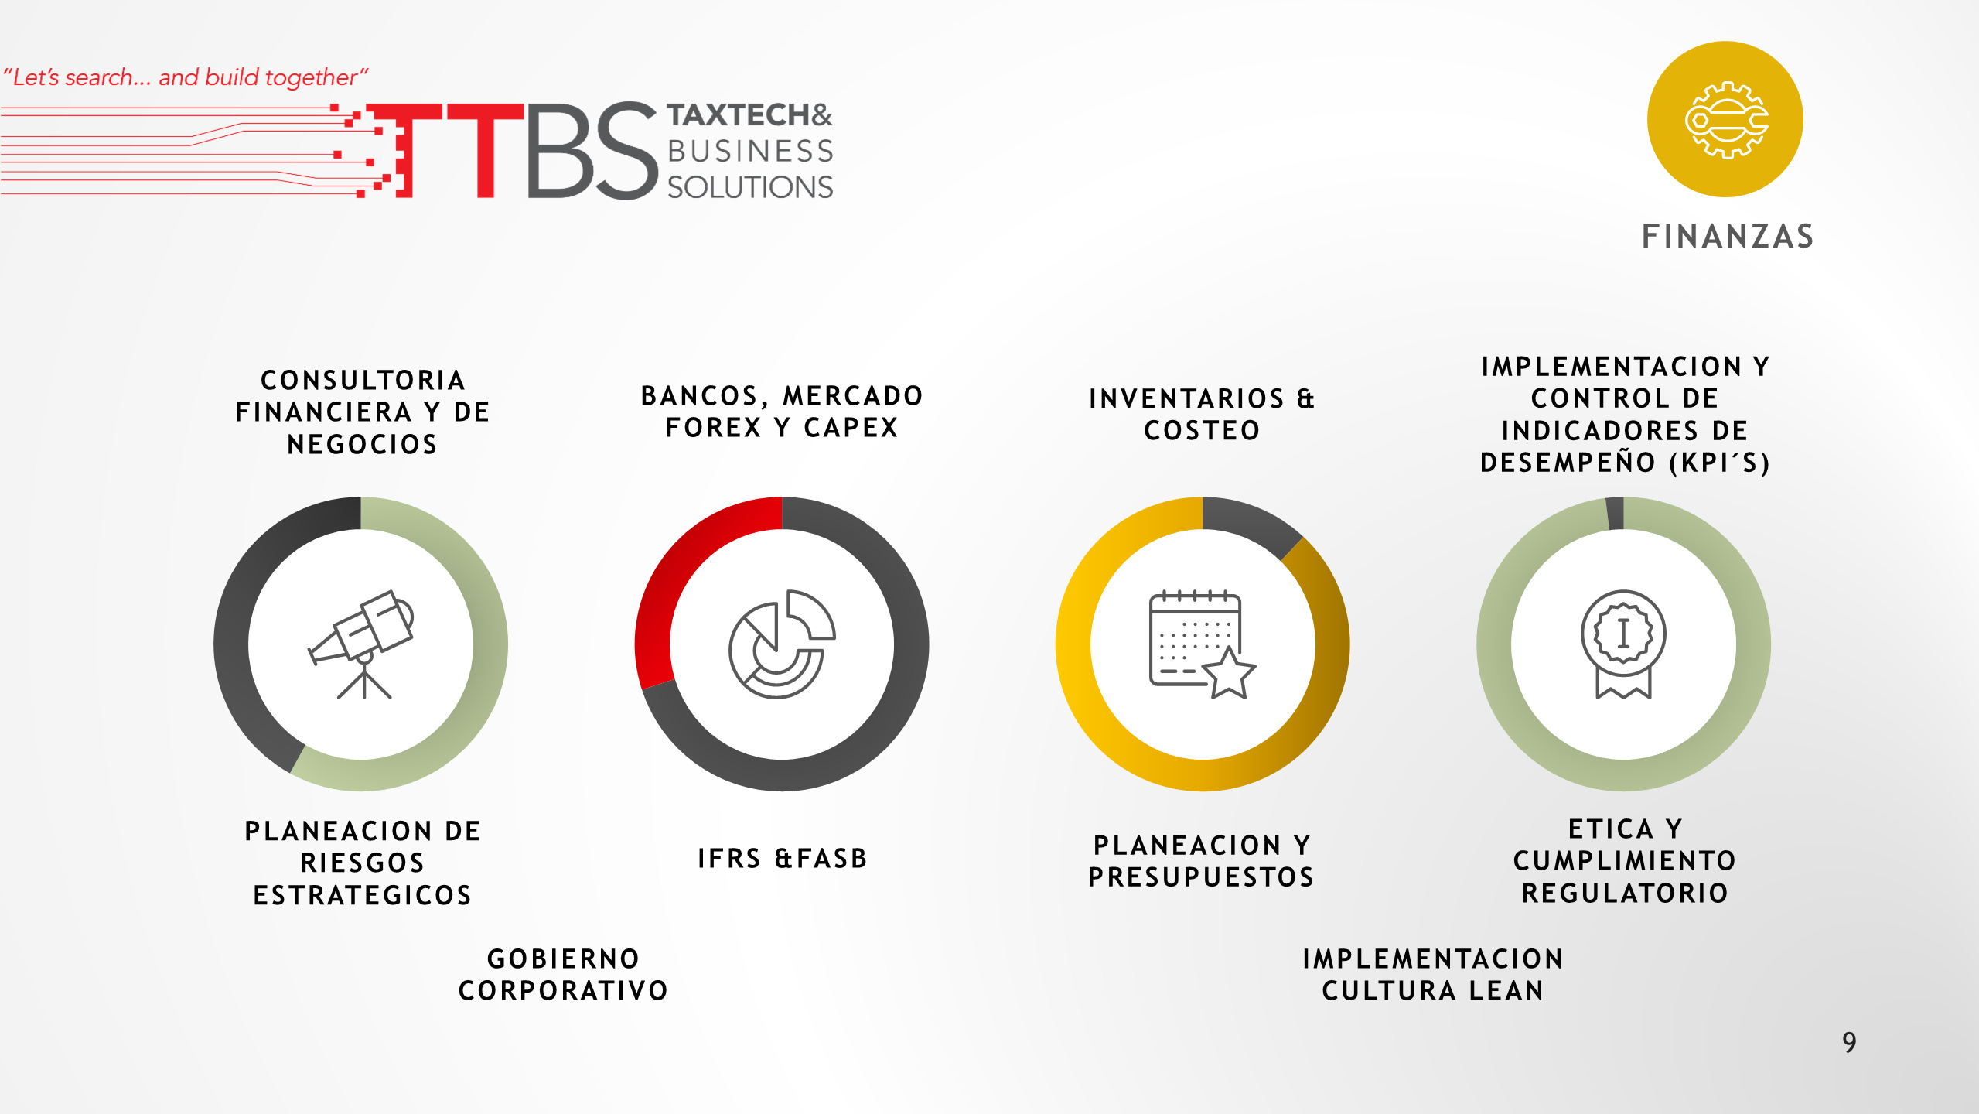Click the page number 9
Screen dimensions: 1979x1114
[1849, 1042]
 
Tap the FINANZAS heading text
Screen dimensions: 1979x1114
[1728, 237]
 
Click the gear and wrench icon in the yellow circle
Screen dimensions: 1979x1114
[1726, 120]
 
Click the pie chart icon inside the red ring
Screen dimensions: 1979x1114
[782, 644]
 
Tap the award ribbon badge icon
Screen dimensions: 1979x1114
[1623, 644]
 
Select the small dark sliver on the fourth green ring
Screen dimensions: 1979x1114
[1615, 514]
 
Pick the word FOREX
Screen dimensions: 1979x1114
[713, 428]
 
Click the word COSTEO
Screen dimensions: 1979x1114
[1202, 431]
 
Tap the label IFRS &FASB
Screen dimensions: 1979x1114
[782, 859]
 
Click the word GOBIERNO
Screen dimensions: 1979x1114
[563, 959]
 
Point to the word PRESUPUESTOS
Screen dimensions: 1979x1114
[1201, 877]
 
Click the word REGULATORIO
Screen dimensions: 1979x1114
[1625, 894]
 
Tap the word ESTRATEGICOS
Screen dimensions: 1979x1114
[362, 896]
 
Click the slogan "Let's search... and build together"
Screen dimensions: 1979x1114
[186, 77]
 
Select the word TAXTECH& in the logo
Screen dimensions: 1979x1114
[749, 115]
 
